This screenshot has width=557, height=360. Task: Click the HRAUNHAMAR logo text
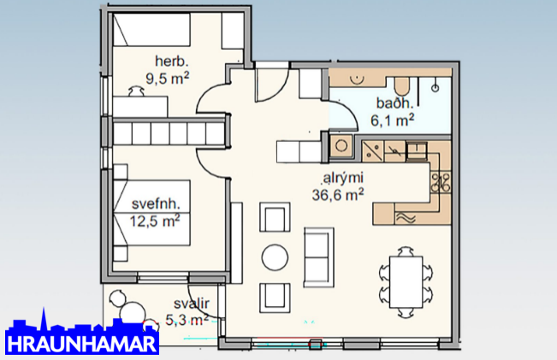82,343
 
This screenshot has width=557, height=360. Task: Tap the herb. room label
172,62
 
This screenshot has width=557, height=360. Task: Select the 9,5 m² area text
167,78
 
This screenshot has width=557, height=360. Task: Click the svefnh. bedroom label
156,204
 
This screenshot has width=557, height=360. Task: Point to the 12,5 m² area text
155,221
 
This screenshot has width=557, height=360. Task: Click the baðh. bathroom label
394,103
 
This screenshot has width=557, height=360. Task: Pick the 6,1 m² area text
392,120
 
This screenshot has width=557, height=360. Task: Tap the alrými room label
343,178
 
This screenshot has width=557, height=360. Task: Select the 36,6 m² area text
337,195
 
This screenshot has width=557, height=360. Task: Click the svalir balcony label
192,304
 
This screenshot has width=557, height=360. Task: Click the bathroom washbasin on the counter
356,80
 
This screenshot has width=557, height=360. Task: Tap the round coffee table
275,257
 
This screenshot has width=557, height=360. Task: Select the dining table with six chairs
406,282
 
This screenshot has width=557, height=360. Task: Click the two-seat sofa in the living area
318,257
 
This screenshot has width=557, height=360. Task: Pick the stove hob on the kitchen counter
441,181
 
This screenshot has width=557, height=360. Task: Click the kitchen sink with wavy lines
406,217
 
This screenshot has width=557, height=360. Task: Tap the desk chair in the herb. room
136,91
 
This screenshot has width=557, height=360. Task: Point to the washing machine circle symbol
341,146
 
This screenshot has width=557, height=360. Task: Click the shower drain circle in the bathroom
436,88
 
